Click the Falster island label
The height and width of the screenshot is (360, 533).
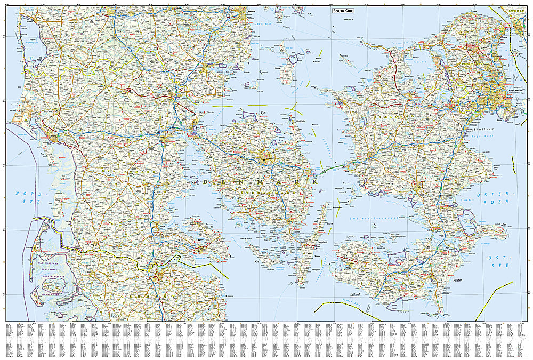457,279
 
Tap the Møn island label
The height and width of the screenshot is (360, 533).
504,225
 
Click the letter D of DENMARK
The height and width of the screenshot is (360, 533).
206,182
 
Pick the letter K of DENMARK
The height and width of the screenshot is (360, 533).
315,182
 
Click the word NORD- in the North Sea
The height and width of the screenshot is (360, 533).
24,193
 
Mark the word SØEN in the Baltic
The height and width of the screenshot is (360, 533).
500,202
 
